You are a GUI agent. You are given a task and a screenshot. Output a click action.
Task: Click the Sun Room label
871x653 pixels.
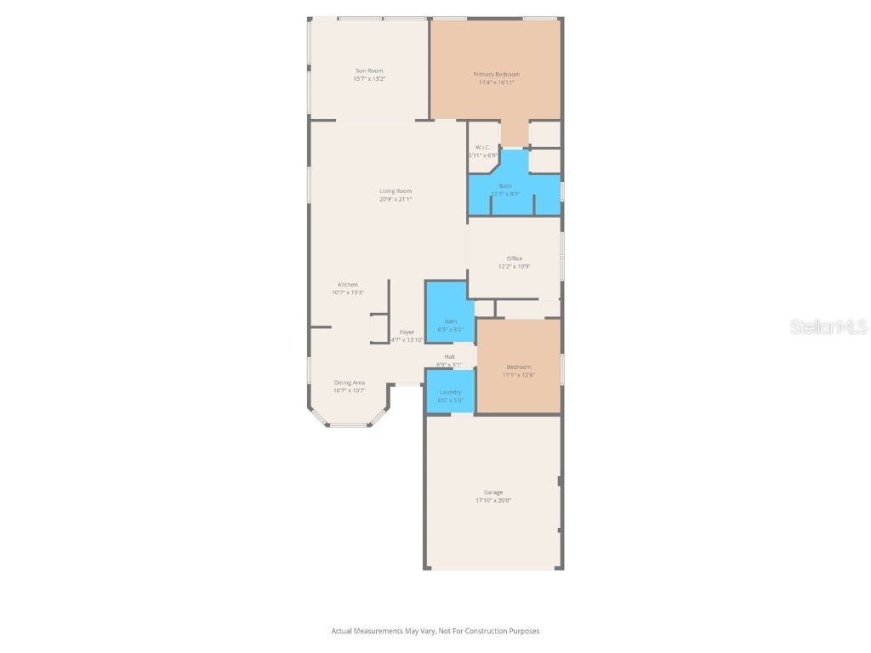click(369, 71)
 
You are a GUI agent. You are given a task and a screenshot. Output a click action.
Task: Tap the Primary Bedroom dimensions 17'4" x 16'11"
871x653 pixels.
click(496, 82)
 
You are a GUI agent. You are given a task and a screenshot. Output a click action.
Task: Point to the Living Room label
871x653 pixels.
click(396, 191)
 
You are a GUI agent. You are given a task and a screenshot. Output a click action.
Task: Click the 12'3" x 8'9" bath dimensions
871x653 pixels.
click(505, 194)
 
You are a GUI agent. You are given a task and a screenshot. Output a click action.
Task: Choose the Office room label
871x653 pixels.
click(515, 258)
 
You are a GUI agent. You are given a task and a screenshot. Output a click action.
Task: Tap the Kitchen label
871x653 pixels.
click(348, 285)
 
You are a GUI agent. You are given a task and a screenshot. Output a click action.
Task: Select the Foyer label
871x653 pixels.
click(407, 332)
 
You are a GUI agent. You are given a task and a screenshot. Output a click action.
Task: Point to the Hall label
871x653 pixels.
click(449, 356)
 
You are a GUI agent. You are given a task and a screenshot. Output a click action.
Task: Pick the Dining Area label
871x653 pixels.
click(349, 383)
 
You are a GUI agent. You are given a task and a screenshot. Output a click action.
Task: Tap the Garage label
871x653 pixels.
click(493, 492)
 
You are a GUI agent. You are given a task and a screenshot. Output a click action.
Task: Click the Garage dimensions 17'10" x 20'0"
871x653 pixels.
click(493, 501)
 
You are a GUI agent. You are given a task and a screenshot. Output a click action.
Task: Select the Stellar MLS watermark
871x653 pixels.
click(828, 327)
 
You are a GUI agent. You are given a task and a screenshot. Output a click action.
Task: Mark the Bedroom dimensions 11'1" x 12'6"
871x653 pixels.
click(518, 375)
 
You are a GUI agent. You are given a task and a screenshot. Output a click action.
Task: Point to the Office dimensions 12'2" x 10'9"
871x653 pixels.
click(515, 266)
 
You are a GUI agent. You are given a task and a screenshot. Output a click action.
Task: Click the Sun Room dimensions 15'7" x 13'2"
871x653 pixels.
click(369, 79)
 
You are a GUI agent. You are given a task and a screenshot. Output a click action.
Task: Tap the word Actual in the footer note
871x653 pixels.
click(342, 631)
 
